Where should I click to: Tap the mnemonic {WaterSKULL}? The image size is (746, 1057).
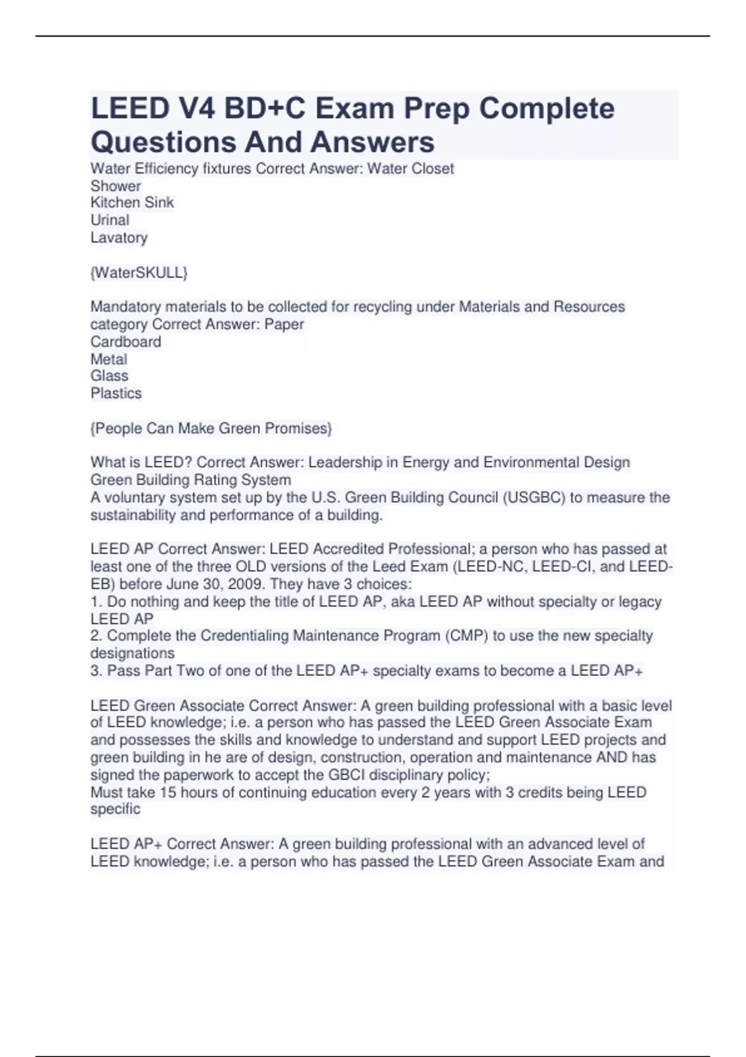(139, 272)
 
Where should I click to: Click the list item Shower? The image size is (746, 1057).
(116, 186)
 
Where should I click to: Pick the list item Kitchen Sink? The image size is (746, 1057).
(132, 203)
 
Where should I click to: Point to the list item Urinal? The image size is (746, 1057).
(110, 220)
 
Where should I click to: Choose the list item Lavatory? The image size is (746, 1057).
(119, 238)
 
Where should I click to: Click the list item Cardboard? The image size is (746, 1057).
(126, 342)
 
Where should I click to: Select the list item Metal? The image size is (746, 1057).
(109, 359)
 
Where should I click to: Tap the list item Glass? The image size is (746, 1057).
(109, 376)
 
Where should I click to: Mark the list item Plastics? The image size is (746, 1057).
(116, 394)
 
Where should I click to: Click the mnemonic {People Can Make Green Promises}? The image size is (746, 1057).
(211, 428)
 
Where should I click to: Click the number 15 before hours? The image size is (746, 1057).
(168, 793)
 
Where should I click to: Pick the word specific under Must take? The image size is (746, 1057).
(115, 810)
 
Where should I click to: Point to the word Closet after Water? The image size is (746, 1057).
(433, 168)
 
